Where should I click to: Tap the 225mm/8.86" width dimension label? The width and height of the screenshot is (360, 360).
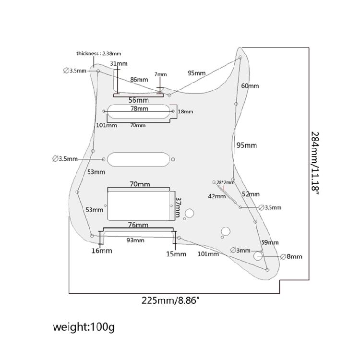(170, 301)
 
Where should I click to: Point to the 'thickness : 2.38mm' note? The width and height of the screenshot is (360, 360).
(98, 53)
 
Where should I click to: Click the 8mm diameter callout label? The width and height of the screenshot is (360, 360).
(294, 257)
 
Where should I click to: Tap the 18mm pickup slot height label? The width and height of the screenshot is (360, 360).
(185, 112)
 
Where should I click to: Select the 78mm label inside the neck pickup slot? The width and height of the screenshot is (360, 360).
(139, 109)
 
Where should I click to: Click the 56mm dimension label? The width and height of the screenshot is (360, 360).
(138, 100)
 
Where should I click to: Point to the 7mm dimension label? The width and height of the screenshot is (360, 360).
(160, 74)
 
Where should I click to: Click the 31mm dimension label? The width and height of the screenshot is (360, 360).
(119, 64)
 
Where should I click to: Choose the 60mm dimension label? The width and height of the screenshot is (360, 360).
(250, 86)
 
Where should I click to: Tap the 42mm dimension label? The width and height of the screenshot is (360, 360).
(216, 196)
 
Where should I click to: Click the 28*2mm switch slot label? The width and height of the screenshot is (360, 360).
(225, 182)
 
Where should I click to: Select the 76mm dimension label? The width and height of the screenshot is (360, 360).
(138, 225)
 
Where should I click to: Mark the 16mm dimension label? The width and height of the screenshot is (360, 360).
(102, 251)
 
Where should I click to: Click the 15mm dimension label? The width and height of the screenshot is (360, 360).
(176, 253)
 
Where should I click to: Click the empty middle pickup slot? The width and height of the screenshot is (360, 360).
(140, 159)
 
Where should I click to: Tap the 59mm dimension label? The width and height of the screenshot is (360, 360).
(270, 242)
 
